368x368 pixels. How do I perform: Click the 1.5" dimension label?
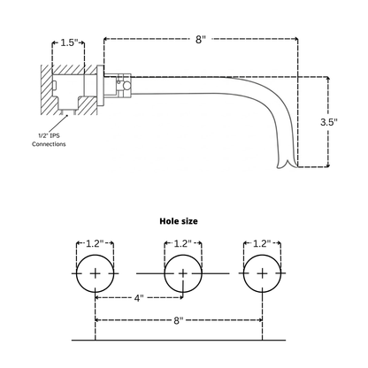coord(69,42)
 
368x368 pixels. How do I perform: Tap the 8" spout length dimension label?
coord(201,39)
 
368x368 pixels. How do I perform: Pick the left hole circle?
coord(96,274)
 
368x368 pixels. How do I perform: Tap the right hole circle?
coord(262,274)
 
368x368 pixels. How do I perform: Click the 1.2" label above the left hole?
coord(95,243)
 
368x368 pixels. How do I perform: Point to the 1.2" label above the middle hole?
coord(183,243)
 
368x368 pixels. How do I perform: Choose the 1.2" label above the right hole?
coord(262,243)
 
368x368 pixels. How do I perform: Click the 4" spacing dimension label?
coord(139,298)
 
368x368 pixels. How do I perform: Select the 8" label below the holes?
coord(180,320)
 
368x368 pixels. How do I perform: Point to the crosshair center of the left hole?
coord(96,274)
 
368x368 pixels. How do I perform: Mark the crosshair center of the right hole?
coord(262,274)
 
